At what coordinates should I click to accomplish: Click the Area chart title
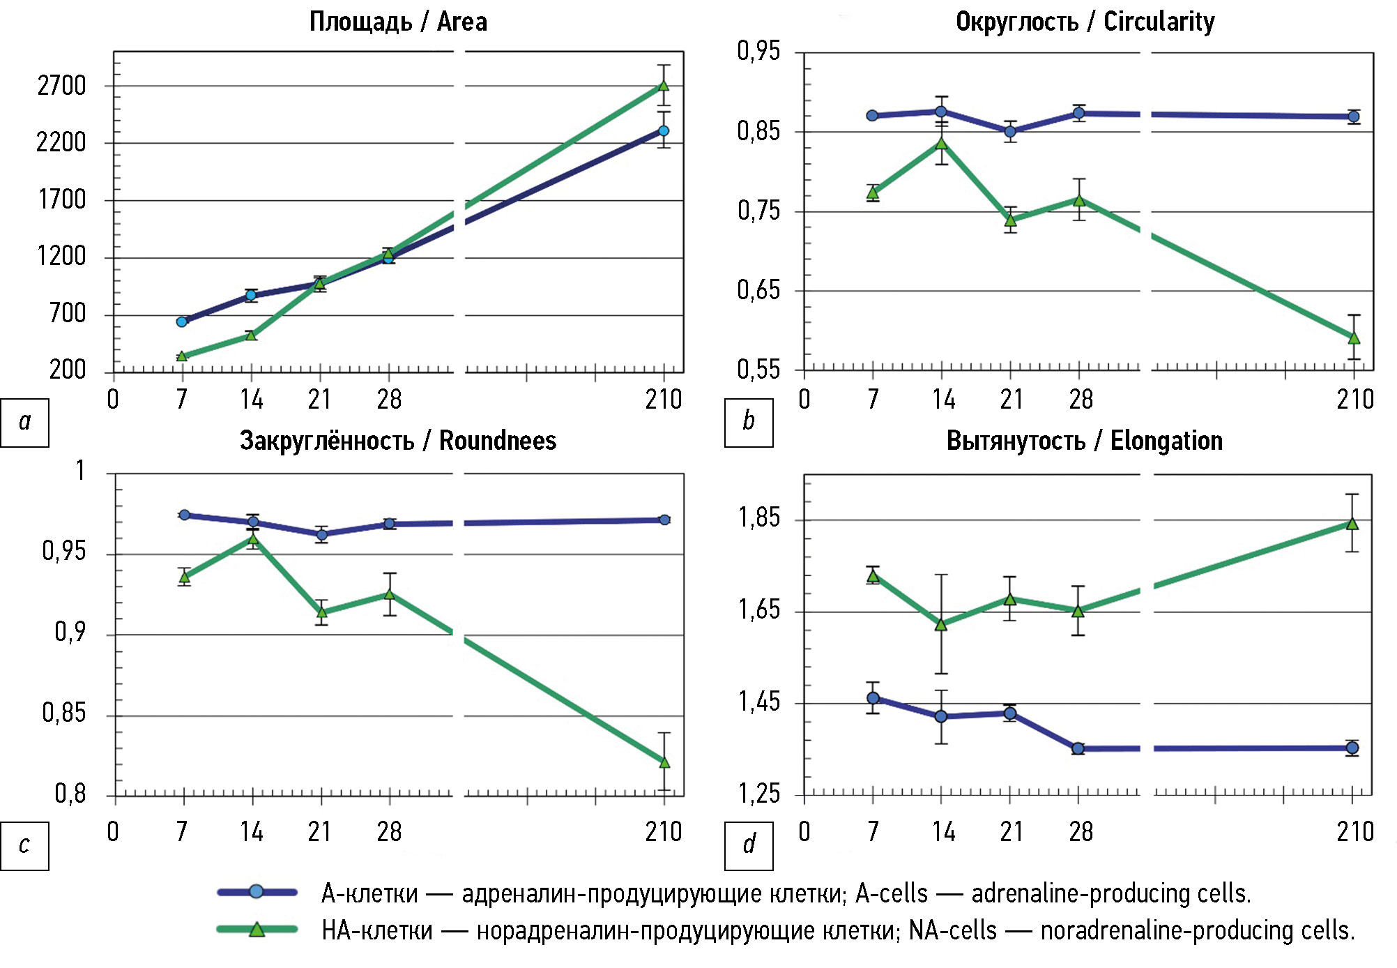(x=398, y=22)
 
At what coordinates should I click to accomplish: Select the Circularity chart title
(x=1085, y=22)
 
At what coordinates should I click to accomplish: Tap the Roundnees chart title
(x=398, y=441)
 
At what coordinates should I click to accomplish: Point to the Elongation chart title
(x=1084, y=441)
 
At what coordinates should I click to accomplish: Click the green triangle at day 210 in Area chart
(x=664, y=85)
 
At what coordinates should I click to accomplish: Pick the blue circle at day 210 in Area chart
(x=664, y=130)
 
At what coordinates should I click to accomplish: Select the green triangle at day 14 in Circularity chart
(x=942, y=143)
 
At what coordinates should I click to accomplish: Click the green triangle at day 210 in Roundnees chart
(x=664, y=762)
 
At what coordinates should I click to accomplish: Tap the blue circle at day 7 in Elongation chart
(x=873, y=698)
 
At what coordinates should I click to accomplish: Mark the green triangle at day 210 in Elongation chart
(x=1352, y=524)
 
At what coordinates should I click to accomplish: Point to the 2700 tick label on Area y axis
(x=61, y=86)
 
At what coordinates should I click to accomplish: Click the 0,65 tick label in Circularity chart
(x=758, y=290)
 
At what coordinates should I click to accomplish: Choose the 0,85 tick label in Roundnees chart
(x=63, y=713)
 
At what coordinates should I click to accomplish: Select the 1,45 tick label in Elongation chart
(x=759, y=702)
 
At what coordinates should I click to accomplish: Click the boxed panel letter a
(x=25, y=422)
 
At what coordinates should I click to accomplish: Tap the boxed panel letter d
(x=749, y=845)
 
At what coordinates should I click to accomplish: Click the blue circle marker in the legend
(x=257, y=892)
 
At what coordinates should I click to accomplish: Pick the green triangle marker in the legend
(x=257, y=930)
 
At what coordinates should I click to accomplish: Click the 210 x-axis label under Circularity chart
(x=1354, y=400)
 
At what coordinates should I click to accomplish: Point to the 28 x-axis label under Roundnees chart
(x=389, y=831)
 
